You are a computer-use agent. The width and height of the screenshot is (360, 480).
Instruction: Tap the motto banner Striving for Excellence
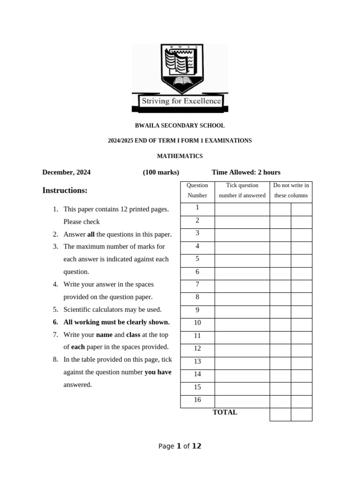click(180, 101)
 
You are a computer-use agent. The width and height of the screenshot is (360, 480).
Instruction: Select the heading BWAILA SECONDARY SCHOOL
click(180, 126)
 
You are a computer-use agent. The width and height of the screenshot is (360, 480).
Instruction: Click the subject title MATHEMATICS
click(180, 156)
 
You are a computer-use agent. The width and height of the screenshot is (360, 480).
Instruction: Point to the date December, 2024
click(67, 172)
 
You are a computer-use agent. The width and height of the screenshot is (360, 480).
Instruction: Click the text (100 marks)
click(161, 172)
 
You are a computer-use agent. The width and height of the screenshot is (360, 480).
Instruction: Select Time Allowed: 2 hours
click(246, 172)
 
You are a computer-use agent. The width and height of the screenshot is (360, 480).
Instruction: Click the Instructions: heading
click(65, 190)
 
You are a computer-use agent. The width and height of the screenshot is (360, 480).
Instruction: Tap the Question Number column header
click(197, 190)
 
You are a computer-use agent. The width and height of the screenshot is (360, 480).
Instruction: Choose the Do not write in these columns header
click(291, 190)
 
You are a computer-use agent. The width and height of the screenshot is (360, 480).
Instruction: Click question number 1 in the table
click(197, 208)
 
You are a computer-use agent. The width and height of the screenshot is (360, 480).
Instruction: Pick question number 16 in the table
click(197, 400)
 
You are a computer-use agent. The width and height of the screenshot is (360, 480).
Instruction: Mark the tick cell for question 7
click(242, 285)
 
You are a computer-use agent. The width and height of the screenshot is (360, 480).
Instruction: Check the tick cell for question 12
click(242, 349)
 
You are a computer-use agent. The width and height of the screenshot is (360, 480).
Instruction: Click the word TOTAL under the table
click(225, 412)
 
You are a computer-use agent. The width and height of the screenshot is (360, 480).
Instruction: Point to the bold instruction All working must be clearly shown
click(116, 322)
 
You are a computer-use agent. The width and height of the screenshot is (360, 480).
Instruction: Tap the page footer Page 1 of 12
click(180, 446)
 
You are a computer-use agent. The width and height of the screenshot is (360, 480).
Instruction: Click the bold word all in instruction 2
click(91, 234)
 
